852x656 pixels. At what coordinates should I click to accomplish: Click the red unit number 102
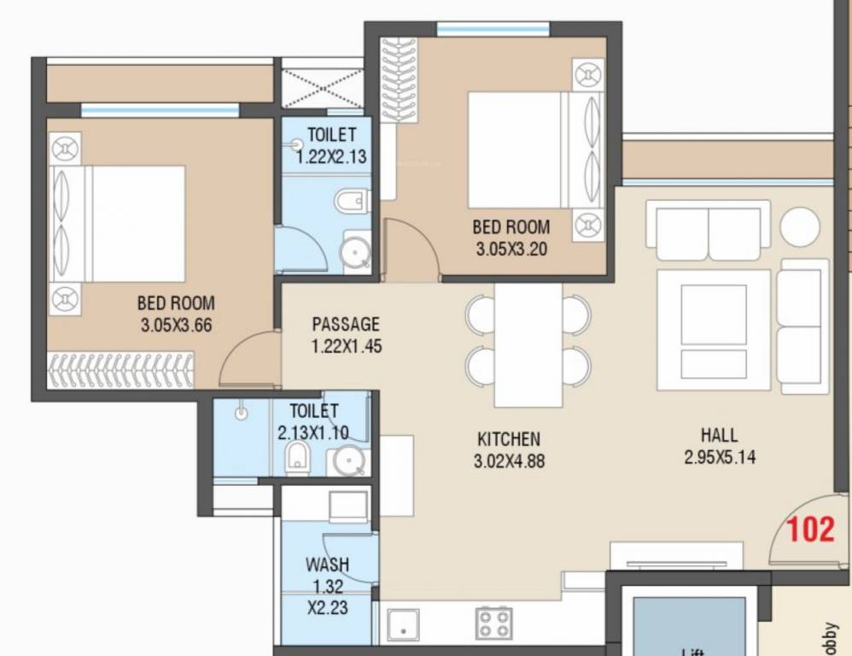tap(809, 530)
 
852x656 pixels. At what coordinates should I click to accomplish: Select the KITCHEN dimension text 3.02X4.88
tap(510, 462)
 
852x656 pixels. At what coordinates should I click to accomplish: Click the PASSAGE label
tap(346, 325)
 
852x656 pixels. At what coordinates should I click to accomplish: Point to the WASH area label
tap(327, 565)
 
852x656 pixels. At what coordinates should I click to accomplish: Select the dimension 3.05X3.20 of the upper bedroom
tap(511, 249)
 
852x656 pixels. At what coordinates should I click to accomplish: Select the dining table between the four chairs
tap(528, 345)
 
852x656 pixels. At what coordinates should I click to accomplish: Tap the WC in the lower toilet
tap(297, 456)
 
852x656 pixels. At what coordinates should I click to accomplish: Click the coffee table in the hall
tap(713, 331)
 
